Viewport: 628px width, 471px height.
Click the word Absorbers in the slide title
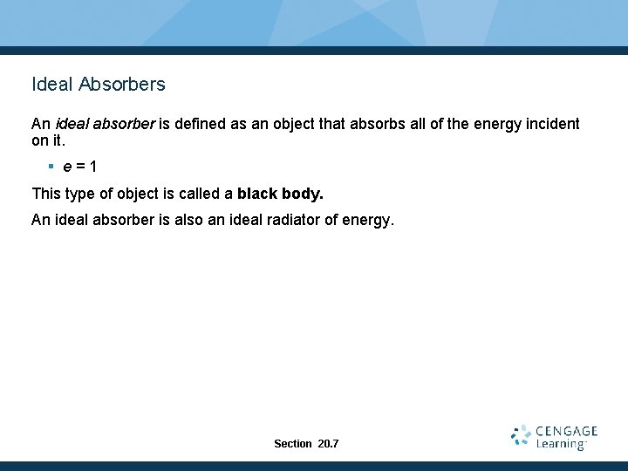121,85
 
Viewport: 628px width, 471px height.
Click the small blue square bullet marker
52,166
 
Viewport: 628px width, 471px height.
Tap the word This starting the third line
45,193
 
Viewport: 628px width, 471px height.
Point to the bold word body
302,193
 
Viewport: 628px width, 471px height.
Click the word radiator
290,220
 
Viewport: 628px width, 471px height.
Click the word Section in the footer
292,444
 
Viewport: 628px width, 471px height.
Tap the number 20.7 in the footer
329,444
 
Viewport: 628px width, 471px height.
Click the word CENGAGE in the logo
566,431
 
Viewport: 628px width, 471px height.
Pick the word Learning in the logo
560,444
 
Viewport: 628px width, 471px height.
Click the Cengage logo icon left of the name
521,436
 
